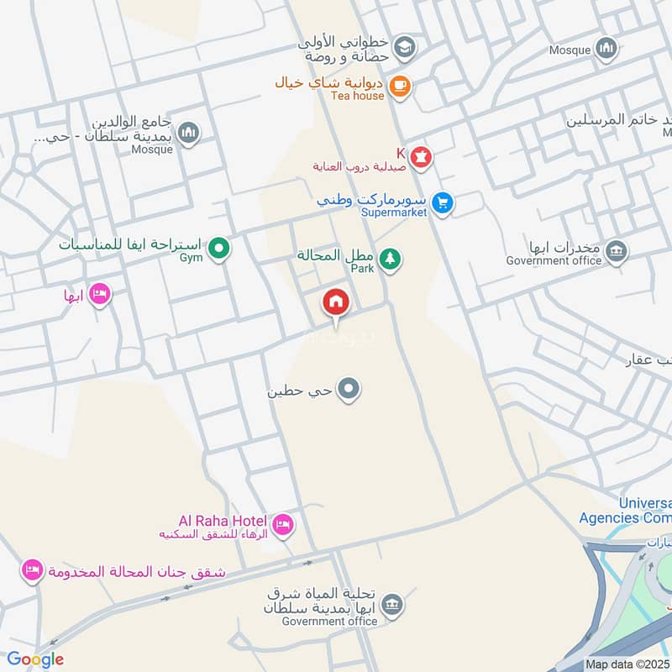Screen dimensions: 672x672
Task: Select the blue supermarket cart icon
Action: pyautogui.click(x=444, y=202)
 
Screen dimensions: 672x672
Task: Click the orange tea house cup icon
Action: pyautogui.click(x=400, y=86)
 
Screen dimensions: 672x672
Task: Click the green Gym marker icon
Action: pyautogui.click(x=219, y=248)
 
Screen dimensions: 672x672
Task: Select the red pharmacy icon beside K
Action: pyautogui.click(x=421, y=156)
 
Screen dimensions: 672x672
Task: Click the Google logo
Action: pyautogui.click(x=35, y=659)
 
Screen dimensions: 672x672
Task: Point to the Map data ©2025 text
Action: pyautogui.click(x=627, y=664)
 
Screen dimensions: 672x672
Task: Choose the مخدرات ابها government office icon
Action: pyautogui.click(x=617, y=251)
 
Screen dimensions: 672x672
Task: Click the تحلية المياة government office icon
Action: pyautogui.click(x=391, y=604)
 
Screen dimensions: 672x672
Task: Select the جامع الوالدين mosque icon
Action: pyautogui.click(x=189, y=133)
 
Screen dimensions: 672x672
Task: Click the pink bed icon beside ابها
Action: pyautogui.click(x=99, y=294)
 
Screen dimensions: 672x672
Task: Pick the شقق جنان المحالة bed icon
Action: pyautogui.click(x=32, y=570)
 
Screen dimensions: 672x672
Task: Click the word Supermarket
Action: pyautogui.click(x=394, y=213)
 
